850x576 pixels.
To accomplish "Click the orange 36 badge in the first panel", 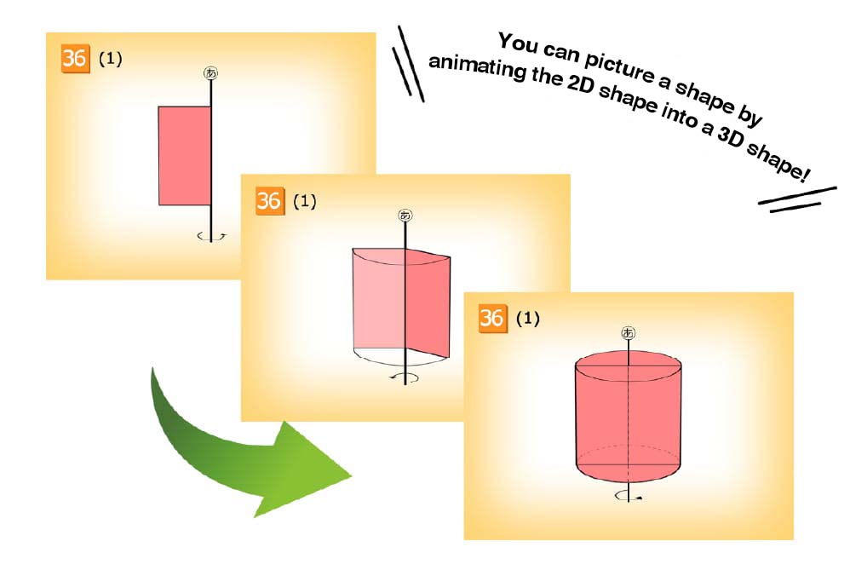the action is point(75,58).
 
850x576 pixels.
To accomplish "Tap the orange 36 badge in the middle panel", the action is point(269,201).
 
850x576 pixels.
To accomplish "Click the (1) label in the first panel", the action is point(110,59).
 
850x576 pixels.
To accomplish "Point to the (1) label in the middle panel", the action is point(305,202).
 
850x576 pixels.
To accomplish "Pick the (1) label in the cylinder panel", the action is point(528,319).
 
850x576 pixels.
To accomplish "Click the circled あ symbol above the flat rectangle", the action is point(211,72).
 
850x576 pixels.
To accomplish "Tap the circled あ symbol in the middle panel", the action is point(405,216).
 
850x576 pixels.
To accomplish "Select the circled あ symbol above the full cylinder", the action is point(628,332).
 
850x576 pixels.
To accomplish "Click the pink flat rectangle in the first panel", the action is point(184,156).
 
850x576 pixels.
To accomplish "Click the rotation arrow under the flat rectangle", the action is point(211,236).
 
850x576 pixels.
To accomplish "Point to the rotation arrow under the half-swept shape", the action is point(405,378).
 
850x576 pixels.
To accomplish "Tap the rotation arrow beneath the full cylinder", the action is point(629,495).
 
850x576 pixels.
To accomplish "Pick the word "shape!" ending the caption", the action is point(778,161).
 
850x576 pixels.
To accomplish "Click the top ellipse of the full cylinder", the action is point(629,366).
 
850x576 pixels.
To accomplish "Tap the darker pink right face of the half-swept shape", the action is point(428,302).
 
